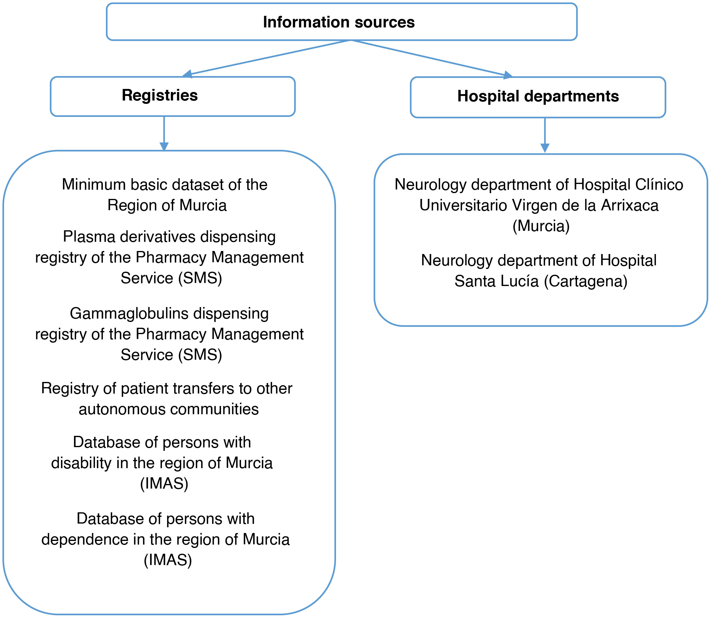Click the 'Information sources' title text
(338, 22)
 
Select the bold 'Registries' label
(159, 95)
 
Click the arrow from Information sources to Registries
(269, 57)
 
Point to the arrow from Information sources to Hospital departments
(431, 58)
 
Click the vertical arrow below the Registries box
(164, 133)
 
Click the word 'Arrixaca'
(630, 206)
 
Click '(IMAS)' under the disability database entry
(164, 483)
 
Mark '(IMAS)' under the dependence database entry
(167, 560)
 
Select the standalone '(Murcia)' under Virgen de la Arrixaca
(541, 226)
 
